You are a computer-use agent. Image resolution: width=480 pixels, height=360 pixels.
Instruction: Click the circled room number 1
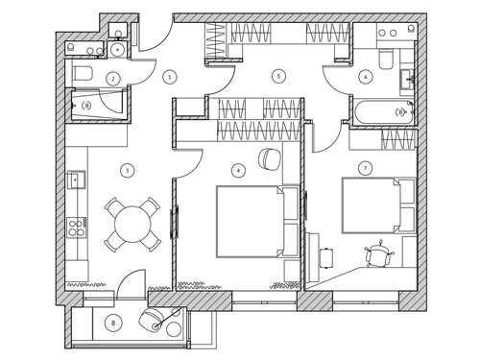[170, 77]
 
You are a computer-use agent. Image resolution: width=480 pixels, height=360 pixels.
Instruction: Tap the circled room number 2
[112, 78]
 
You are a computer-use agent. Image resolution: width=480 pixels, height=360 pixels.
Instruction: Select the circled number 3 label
[128, 170]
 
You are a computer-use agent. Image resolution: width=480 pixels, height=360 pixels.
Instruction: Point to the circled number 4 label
[238, 170]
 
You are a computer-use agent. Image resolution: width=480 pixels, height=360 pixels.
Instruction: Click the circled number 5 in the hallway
[278, 76]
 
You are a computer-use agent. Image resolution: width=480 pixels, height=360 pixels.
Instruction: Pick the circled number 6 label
[366, 77]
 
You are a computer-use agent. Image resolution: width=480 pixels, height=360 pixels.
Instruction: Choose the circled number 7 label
[366, 168]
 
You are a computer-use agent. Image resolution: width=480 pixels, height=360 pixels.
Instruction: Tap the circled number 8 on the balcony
[113, 324]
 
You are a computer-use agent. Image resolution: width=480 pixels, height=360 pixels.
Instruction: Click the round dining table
[132, 224]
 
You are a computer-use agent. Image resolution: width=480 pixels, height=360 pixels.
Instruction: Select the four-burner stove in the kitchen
[77, 228]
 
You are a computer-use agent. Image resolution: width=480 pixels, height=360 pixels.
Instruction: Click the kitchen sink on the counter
[76, 180]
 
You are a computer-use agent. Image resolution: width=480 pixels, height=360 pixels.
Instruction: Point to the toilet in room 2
[83, 73]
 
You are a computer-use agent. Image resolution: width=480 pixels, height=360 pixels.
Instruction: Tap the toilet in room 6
[386, 59]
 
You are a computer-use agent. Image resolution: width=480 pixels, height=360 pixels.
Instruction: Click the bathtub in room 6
[383, 112]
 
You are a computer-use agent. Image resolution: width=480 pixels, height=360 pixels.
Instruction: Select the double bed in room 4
[257, 222]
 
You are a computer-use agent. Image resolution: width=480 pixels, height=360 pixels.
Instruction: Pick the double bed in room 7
[379, 205]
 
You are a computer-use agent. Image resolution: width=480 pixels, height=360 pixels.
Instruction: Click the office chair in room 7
[379, 254]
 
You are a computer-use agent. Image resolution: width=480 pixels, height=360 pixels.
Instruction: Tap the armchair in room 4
[270, 158]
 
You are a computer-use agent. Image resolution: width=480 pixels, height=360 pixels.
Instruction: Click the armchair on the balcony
[151, 319]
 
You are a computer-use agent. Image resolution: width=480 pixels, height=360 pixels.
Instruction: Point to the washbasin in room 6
[407, 80]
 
